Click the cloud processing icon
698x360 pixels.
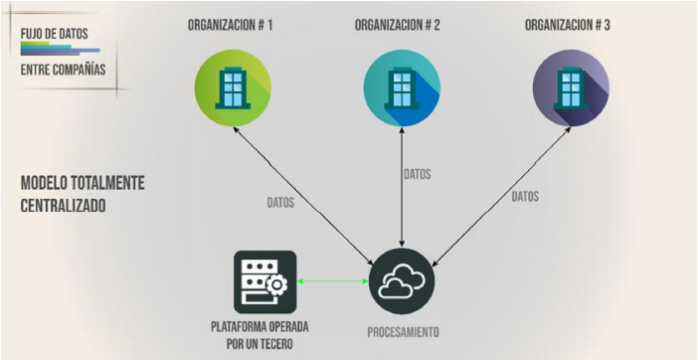point(402,283)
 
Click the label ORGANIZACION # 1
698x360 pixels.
point(231,23)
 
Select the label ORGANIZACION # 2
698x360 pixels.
point(400,23)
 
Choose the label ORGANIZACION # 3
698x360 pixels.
point(568,23)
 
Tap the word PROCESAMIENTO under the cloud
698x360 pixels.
point(403,331)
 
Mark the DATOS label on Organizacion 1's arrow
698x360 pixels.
point(280,202)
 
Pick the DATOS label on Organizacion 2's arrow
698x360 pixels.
point(417,174)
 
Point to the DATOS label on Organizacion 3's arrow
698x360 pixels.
point(525,197)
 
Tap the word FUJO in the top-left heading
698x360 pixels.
point(33,33)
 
